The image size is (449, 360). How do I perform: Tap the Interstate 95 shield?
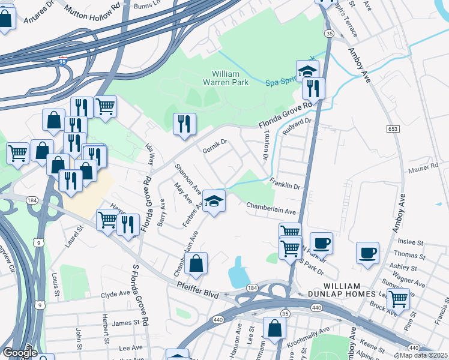(64, 61)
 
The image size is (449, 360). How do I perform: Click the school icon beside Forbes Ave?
(214, 201)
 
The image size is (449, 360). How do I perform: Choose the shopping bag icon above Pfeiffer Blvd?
(196, 263)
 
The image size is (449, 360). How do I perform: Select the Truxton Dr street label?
(265, 146)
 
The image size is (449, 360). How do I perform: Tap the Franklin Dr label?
(285, 183)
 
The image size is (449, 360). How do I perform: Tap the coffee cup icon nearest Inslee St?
(367, 253)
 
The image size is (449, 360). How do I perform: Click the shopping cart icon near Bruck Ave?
(397, 298)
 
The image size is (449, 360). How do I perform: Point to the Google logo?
(19, 353)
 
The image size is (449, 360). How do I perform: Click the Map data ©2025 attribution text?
(424, 356)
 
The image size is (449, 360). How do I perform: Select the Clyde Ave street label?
(116, 295)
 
